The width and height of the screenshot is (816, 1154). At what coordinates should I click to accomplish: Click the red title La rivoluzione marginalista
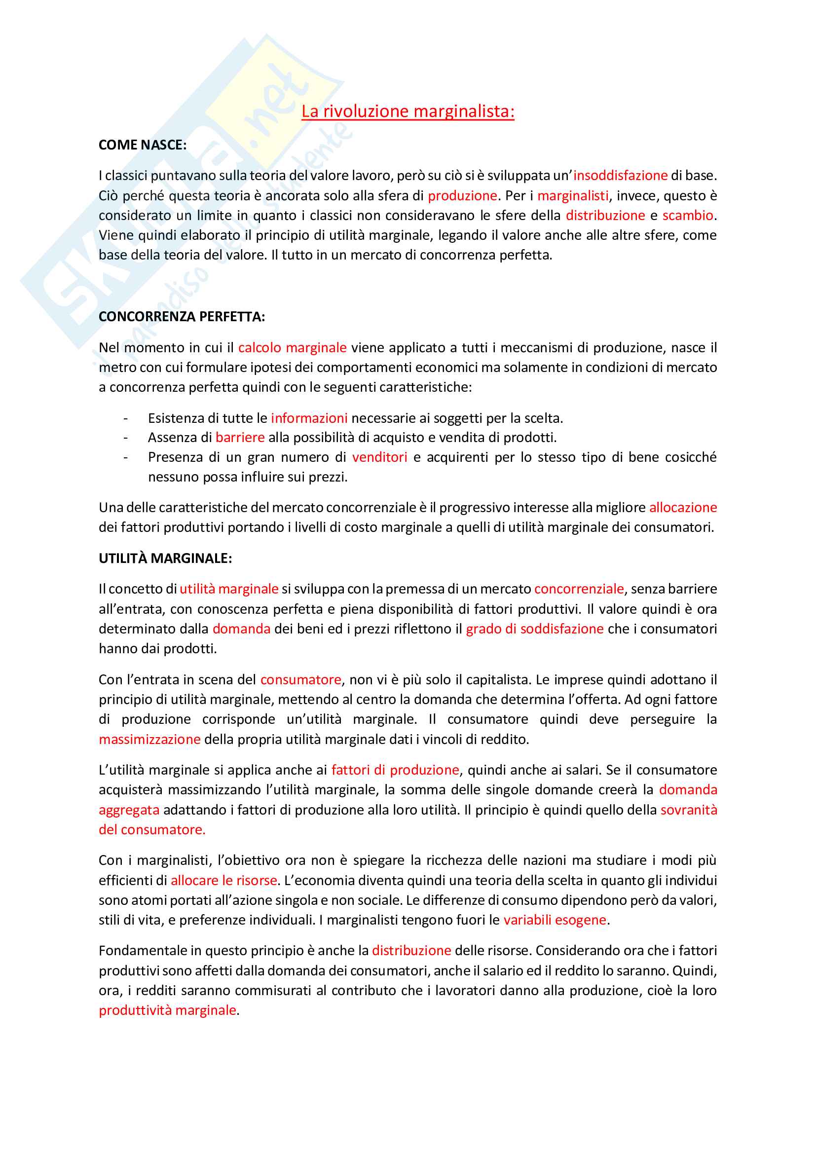point(408,111)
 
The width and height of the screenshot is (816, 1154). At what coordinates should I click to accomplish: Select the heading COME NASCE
point(142,145)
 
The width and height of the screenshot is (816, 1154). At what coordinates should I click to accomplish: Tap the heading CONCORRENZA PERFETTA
point(182,317)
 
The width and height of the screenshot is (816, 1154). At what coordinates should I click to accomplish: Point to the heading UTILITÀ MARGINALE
point(165,558)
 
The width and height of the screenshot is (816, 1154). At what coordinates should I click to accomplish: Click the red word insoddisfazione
point(621,176)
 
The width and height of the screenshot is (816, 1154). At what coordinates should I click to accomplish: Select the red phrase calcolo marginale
point(293,347)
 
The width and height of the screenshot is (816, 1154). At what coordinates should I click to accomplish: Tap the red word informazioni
point(309,418)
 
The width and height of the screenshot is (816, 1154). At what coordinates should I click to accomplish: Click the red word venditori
point(379,457)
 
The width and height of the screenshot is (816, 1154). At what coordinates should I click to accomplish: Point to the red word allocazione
point(683,508)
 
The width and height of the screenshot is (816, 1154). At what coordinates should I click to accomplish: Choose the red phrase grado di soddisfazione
point(535,629)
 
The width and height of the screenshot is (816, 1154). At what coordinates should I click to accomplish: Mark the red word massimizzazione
point(150,740)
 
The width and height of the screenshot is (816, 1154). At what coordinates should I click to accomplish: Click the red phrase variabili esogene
point(555,920)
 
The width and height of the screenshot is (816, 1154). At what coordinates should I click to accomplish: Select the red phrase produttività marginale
point(167,1010)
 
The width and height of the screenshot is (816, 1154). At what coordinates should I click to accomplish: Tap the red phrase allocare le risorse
point(224,881)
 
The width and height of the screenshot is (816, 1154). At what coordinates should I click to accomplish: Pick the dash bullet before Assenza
point(126,438)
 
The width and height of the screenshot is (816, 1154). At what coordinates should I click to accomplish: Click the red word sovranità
point(688,810)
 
